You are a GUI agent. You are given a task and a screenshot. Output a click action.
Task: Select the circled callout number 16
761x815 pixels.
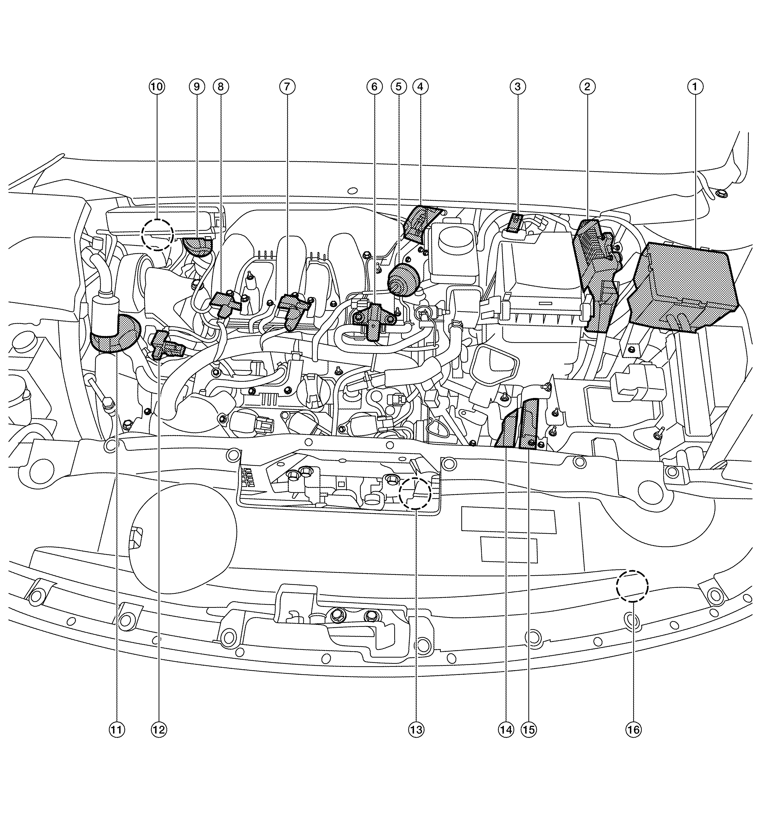(633, 730)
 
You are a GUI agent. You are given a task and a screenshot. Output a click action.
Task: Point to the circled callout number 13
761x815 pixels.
(416, 730)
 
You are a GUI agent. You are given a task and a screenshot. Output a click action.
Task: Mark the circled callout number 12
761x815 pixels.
(159, 730)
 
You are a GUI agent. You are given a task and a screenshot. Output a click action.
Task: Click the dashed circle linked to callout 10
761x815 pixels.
(157, 235)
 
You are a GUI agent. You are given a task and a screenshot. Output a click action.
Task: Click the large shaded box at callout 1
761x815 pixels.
(682, 287)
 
